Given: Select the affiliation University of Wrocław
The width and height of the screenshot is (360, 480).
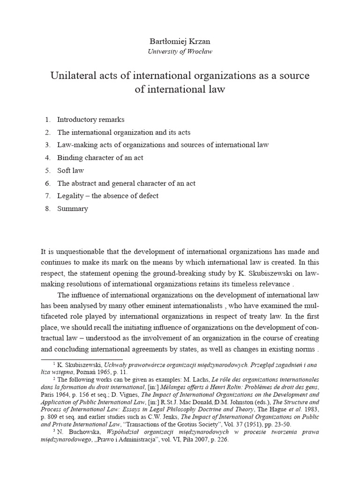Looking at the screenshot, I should pyautogui.click(x=180, y=52).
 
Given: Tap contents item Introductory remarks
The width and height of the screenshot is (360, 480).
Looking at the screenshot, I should pyautogui.click(x=90, y=120).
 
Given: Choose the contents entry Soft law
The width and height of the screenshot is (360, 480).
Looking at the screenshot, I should pyautogui.click(x=70, y=170).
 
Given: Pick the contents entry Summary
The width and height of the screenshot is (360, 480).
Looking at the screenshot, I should pyautogui.click(x=72, y=209).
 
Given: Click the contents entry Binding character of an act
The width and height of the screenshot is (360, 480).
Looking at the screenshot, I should pyautogui.click(x=100, y=157).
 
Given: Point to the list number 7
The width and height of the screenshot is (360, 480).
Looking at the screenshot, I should pyautogui.click(x=48, y=196).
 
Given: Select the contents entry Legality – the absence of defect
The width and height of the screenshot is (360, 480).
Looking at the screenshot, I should pyautogui.click(x=108, y=196).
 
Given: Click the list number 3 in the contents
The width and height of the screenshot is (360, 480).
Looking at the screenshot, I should pyautogui.click(x=48, y=145).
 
